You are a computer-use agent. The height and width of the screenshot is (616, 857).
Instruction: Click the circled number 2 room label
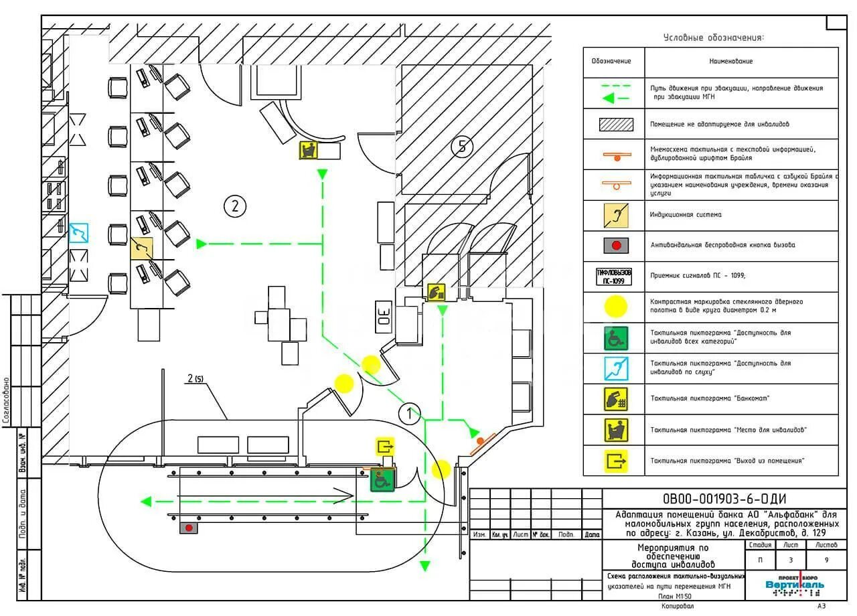pos(234,206)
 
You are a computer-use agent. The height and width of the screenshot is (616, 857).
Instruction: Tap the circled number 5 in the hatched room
pos(462,146)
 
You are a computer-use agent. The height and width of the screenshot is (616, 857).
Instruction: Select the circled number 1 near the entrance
pos(410,414)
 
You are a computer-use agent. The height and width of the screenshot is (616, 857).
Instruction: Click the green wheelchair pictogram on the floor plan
pos(382,479)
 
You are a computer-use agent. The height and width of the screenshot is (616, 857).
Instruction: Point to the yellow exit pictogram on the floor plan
pos(385,446)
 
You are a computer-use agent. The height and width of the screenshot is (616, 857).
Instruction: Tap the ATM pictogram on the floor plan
pos(437,292)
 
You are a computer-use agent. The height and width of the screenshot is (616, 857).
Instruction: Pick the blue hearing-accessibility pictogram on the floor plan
pos(79,233)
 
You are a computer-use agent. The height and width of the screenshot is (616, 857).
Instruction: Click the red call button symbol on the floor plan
pos(189,528)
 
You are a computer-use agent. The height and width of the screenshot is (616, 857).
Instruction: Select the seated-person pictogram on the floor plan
pos(308,150)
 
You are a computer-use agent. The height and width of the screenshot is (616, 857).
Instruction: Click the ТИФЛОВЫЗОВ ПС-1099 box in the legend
pos(614,277)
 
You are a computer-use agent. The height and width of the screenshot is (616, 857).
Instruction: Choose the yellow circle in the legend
pos(617,307)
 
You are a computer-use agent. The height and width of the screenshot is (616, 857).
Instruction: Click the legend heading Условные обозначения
pos(713,37)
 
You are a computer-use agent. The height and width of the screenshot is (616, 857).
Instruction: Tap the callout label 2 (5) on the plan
pos(195,379)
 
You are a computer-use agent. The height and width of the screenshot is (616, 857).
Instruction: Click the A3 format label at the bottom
pos(821,606)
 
